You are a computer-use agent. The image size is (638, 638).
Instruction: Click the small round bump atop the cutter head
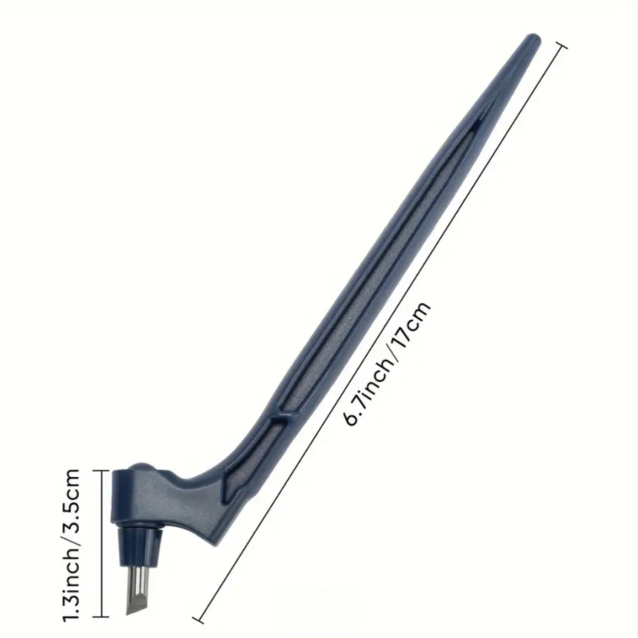pyautogui.click(x=140, y=466)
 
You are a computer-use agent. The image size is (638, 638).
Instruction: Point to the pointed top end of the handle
pyautogui.click(x=533, y=39)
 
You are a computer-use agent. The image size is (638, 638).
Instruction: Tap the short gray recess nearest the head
pyautogui.click(x=252, y=454)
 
